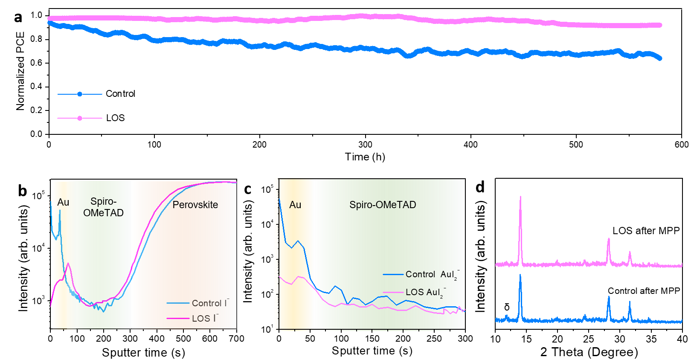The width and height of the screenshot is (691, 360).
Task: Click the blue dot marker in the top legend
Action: coord(80,94)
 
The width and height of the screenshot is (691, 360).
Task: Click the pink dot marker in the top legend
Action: coord(80,118)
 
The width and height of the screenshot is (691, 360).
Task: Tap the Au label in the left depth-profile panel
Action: coord(63,202)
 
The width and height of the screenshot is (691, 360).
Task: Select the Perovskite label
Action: coord(195,205)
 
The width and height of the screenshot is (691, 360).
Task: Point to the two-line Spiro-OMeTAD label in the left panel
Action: coord(103,207)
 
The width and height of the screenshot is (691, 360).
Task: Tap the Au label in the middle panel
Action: coord(295,205)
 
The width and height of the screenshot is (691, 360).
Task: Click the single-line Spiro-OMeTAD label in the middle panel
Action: coord(383,205)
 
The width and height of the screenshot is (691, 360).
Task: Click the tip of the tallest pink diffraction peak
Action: coord(520,197)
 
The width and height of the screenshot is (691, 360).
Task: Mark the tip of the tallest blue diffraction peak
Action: coord(520,275)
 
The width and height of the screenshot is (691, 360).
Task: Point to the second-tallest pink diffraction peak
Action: coord(609,239)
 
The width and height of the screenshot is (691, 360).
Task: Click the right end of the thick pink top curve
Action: coord(660,25)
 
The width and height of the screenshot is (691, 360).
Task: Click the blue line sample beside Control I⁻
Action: coord(178,303)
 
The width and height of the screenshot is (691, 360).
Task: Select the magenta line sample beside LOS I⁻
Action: coord(178,318)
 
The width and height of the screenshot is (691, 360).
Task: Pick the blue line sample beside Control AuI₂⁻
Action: coord(393,274)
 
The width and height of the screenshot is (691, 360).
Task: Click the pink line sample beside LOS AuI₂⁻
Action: coord(393,292)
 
